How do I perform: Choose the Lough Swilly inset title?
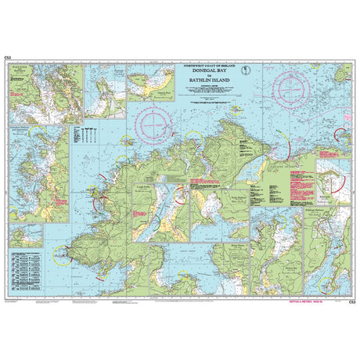pyautogui.click(x=142, y=187)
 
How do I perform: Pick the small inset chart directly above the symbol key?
pyautogui.click(x=25, y=235)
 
